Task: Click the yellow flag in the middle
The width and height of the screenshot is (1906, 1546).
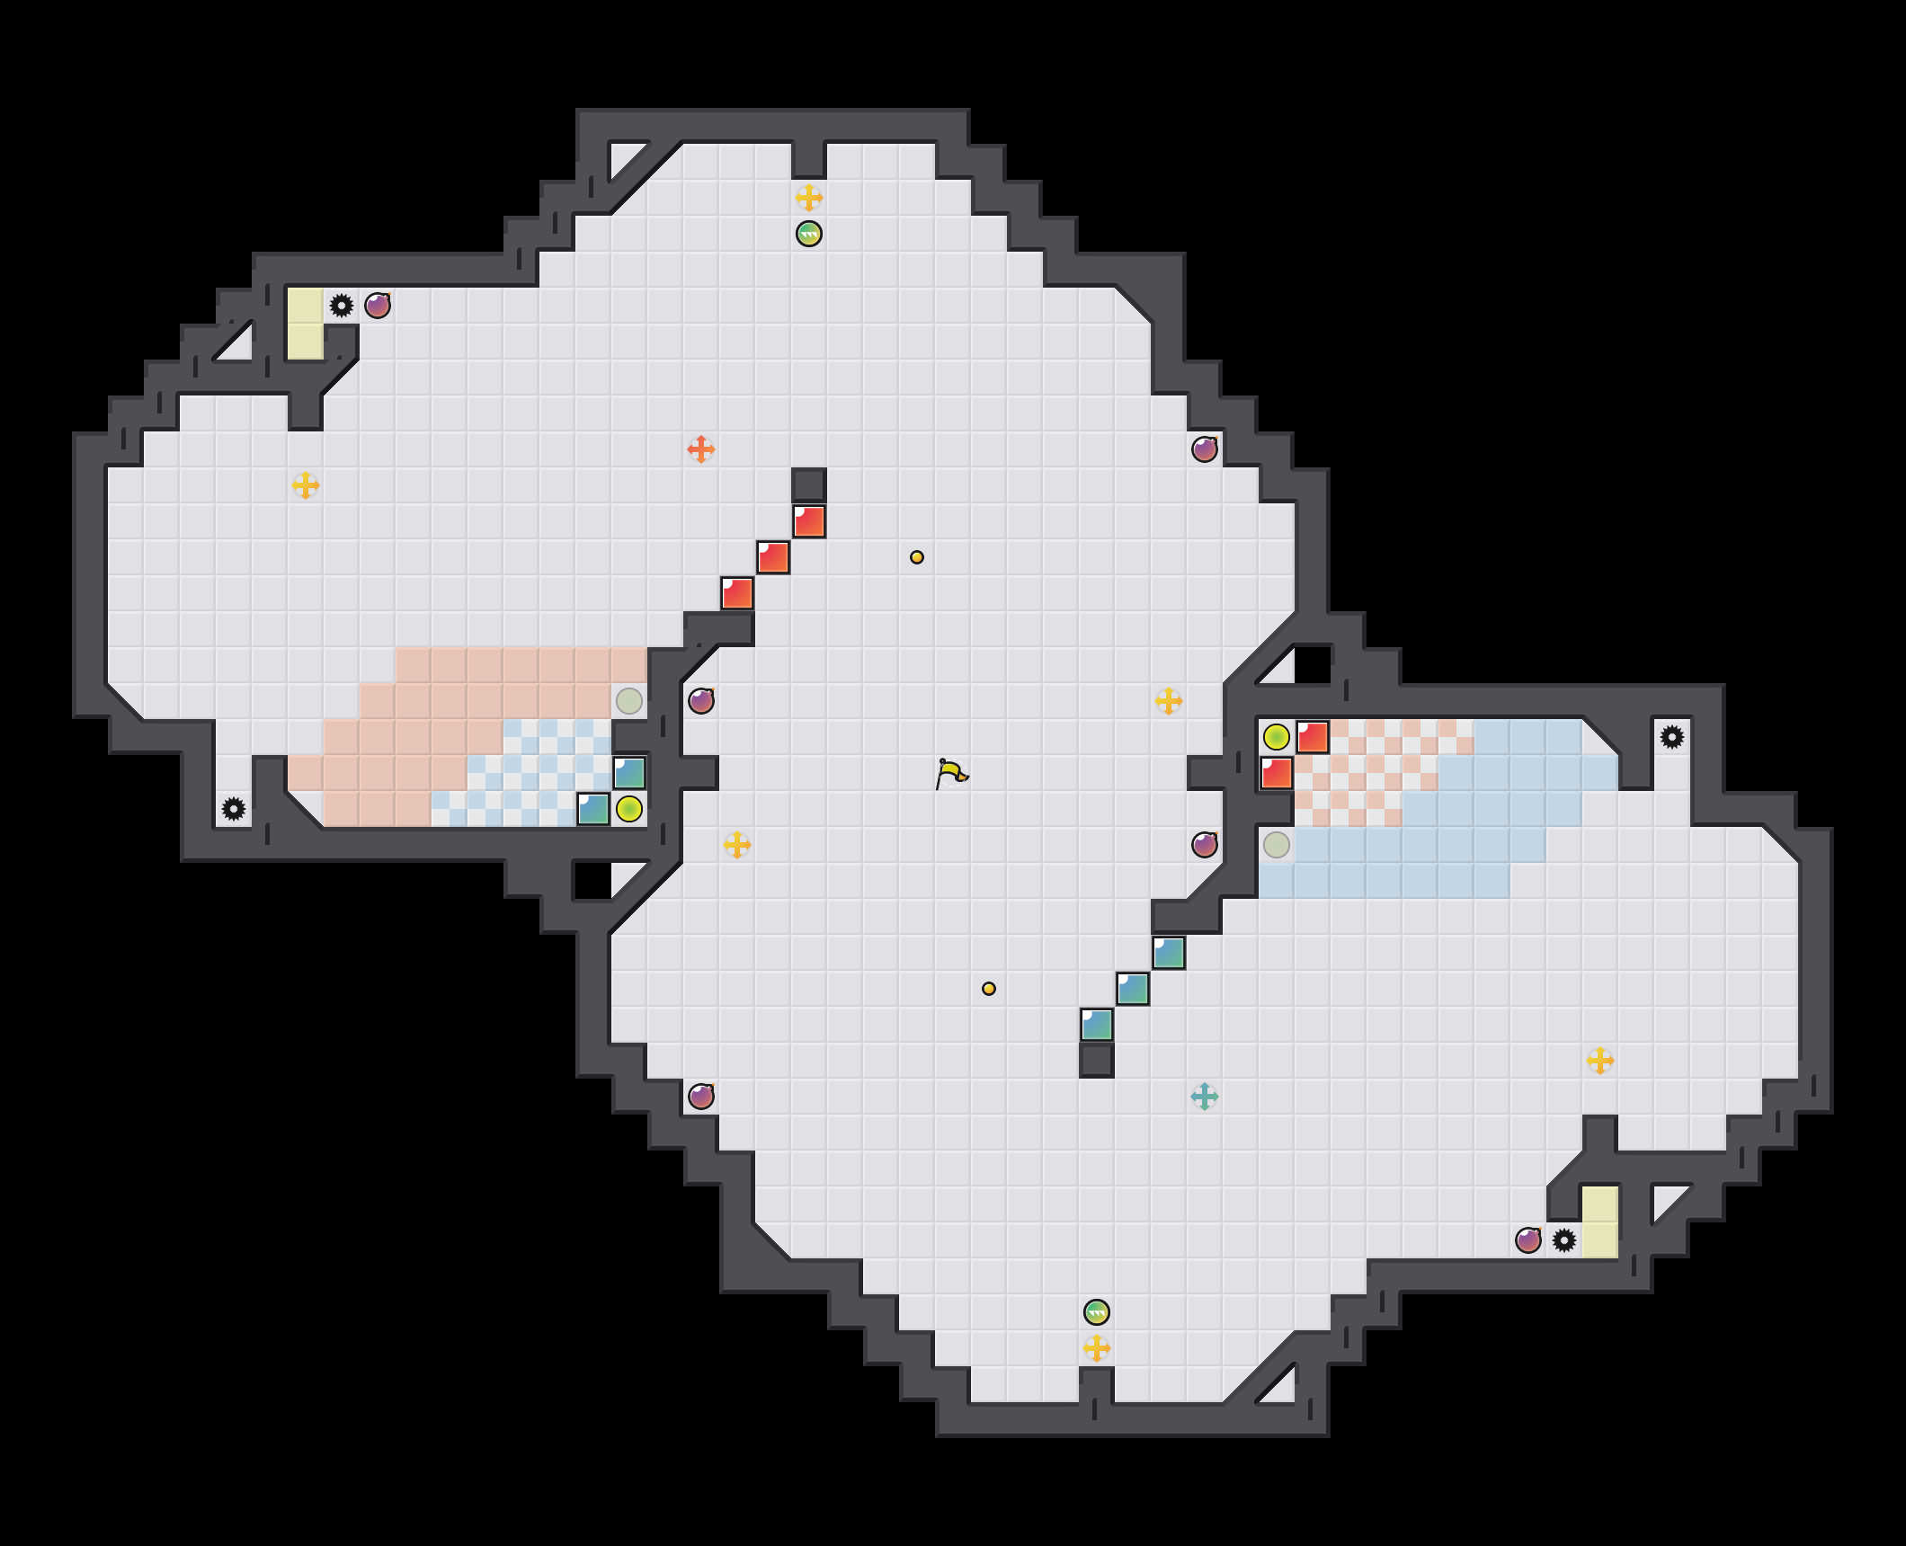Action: (951, 773)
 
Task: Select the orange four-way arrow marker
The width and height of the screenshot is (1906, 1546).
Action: (701, 449)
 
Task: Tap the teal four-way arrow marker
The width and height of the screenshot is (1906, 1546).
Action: (1205, 1097)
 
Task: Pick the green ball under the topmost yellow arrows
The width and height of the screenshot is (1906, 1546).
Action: (809, 234)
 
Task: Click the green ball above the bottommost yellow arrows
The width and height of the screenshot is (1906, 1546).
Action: (1097, 1312)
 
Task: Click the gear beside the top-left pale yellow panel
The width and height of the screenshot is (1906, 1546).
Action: (342, 306)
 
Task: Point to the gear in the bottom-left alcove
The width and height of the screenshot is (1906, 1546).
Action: (234, 809)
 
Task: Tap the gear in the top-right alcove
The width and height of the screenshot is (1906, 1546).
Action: (1672, 737)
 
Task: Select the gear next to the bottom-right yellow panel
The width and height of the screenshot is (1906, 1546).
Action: (1564, 1240)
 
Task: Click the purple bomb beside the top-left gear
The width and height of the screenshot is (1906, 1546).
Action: (378, 306)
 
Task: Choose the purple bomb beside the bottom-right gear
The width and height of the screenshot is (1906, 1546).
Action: (1528, 1240)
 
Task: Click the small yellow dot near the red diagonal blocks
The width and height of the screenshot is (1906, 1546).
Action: (917, 557)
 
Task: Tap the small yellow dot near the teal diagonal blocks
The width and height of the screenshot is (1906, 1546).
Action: (989, 989)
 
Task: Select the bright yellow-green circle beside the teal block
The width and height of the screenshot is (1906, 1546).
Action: (629, 809)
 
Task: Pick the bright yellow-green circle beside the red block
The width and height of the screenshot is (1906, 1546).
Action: (1277, 737)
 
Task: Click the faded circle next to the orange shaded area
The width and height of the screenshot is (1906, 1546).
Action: (629, 701)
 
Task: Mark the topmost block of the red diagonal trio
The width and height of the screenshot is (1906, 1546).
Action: (809, 521)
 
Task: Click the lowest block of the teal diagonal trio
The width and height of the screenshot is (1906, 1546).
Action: (1097, 1025)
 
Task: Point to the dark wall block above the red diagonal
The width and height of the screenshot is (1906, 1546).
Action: (809, 485)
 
